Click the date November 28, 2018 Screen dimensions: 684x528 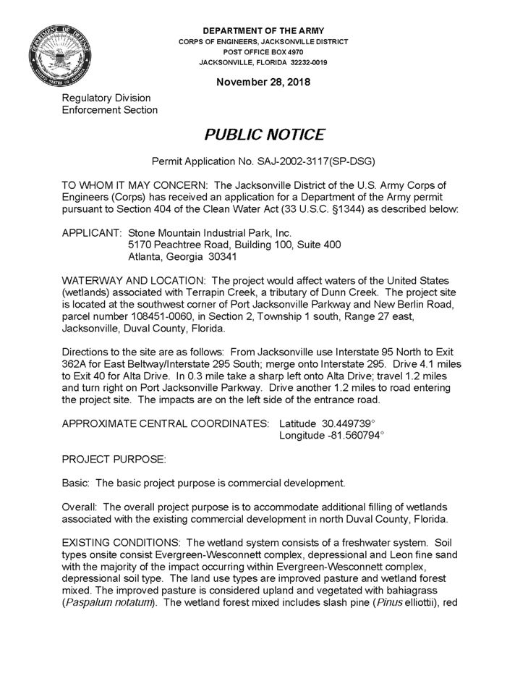[263, 82]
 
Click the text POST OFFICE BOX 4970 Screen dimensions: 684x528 [263, 52]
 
